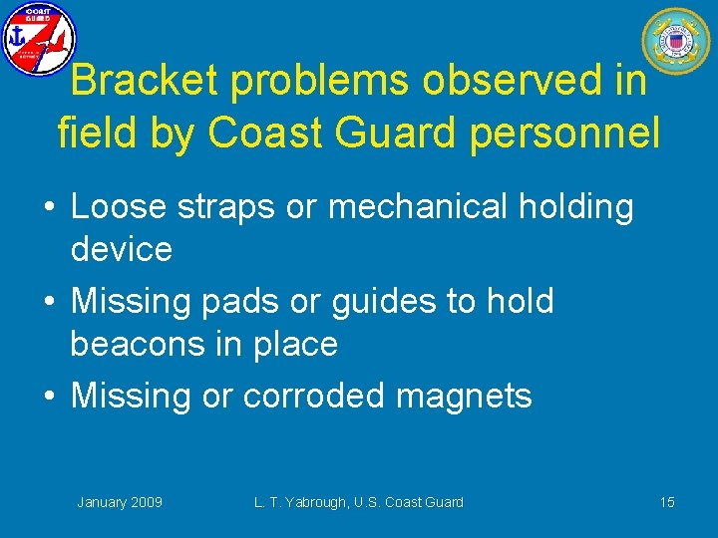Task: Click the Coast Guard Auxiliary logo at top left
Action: pos(39,39)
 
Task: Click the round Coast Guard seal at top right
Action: pos(675,41)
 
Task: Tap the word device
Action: pos(121,249)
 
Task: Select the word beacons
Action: pos(140,345)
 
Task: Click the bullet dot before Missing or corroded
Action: pos(51,397)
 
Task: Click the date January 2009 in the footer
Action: pos(120,502)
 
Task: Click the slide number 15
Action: pos(667,502)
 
